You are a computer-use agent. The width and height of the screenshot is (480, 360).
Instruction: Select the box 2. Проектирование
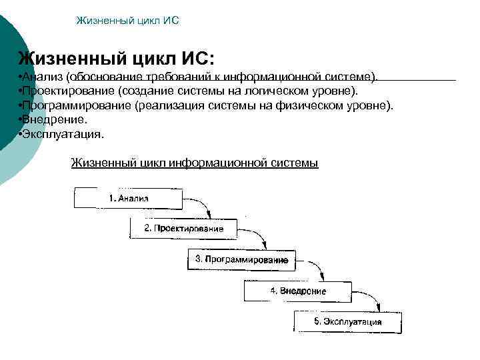(184, 229)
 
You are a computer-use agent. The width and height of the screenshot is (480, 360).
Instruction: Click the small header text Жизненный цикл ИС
(127, 21)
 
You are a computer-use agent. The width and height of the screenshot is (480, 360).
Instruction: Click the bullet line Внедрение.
(53, 119)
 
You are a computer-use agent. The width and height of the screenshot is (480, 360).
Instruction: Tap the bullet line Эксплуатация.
(62, 134)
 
